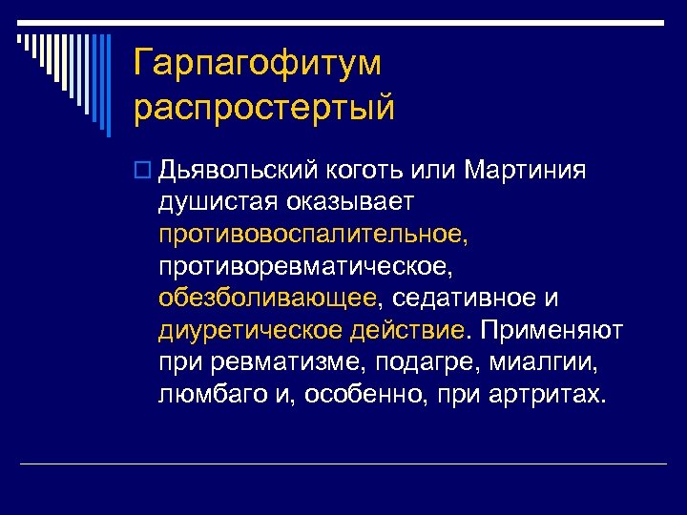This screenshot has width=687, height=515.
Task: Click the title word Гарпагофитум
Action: pyautogui.click(x=258, y=64)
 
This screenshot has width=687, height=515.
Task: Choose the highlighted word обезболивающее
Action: pyautogui.click(x=268, y=299)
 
